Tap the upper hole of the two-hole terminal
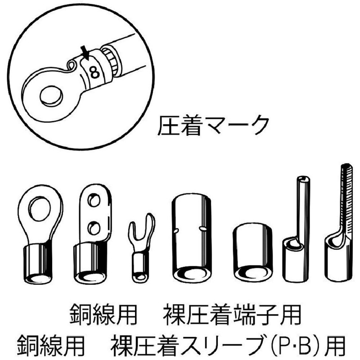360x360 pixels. pyautogui.click(x=94, y=199)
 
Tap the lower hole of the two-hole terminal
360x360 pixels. pyautogui.click(x=94, y=229)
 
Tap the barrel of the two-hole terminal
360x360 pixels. pyautogui.click(x=90, y=263)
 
